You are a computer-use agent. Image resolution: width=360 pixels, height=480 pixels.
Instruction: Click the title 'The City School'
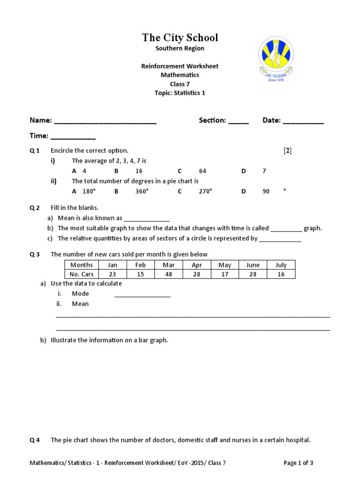pos(180,38)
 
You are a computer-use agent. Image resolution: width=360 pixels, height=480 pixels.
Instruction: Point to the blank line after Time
pos(73,137)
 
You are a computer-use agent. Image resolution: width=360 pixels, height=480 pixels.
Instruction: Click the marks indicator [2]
pos(287,150)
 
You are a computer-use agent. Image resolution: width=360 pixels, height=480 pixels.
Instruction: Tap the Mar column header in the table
pos(169,265)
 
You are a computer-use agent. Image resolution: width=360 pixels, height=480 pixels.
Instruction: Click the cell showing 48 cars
pos(169,274)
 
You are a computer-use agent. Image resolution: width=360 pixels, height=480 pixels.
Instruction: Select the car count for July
pos(281,274)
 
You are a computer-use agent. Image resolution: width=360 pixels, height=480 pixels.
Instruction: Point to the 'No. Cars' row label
pos(82,274)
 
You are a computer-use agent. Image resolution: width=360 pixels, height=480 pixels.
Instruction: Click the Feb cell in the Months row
pos(141,265)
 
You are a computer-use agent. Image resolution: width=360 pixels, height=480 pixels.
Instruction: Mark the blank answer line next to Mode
pos(142,295)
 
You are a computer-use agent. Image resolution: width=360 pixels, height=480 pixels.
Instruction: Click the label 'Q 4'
pos(35,440)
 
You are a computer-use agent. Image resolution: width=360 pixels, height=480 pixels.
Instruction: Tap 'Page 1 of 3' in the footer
pos(299,463)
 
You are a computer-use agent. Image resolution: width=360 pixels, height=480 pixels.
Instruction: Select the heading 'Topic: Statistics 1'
pos(180,93)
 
